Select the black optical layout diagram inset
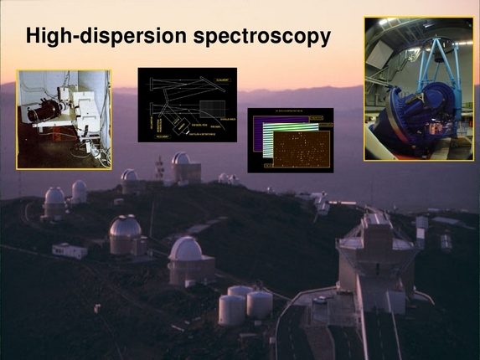187,105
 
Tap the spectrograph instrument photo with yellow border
63,119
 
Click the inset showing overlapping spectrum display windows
291,140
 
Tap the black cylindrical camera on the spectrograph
39,114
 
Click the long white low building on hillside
69,249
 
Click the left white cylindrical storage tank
232,308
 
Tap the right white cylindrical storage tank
259,303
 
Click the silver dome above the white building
125,228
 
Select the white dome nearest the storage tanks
185,249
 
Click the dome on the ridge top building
181,158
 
